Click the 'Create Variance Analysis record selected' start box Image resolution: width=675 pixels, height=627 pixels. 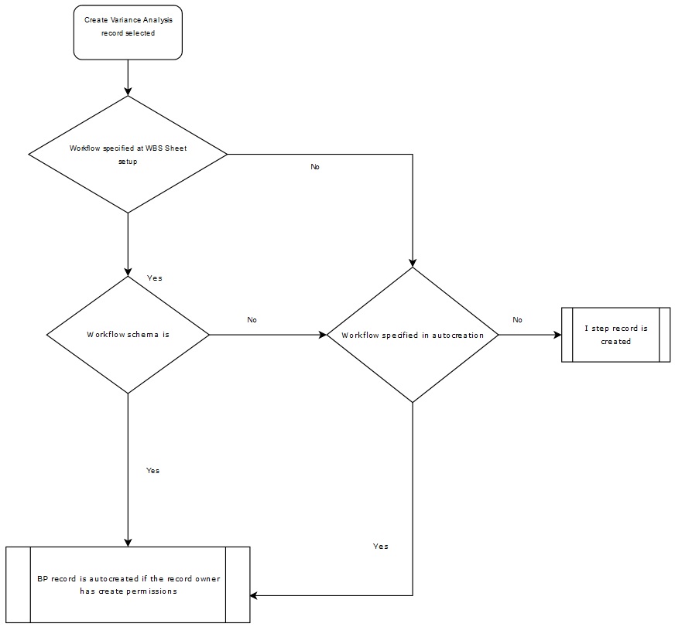128,32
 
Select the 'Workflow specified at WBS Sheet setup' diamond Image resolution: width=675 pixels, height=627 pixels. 128,154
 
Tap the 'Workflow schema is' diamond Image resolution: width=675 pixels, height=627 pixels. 128,335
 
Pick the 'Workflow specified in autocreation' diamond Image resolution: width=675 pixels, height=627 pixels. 413,335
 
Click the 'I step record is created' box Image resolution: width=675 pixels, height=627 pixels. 615,335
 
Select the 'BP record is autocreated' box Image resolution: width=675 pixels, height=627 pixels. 128,584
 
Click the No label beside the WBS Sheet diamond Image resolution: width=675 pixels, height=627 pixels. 314,167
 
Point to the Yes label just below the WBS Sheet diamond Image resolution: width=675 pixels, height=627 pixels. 154,278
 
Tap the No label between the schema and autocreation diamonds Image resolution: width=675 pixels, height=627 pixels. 252,319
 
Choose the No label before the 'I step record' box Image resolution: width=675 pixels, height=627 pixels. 517,319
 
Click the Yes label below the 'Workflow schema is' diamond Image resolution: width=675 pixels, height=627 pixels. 152,470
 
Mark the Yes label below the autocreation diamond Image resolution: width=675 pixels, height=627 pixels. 380,546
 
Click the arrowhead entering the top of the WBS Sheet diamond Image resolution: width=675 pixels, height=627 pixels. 128,90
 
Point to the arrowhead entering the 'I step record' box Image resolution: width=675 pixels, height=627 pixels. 557,335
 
